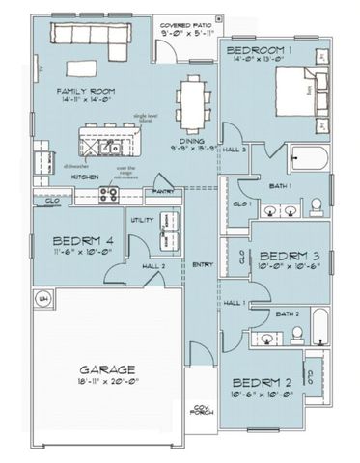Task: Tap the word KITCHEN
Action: tap(84, 177)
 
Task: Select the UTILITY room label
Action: tap(143, 220)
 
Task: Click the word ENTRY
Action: tap(203, 264)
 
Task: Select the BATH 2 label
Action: tap(285, 313)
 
